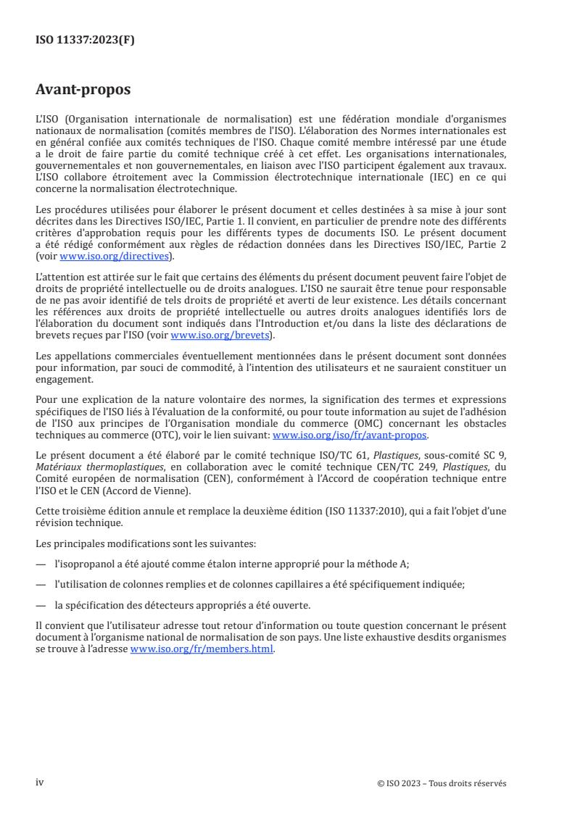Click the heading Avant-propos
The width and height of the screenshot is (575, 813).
(83, 91)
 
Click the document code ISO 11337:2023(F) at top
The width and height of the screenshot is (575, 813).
(85, 41)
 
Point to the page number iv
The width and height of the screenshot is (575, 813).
(40, 783)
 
